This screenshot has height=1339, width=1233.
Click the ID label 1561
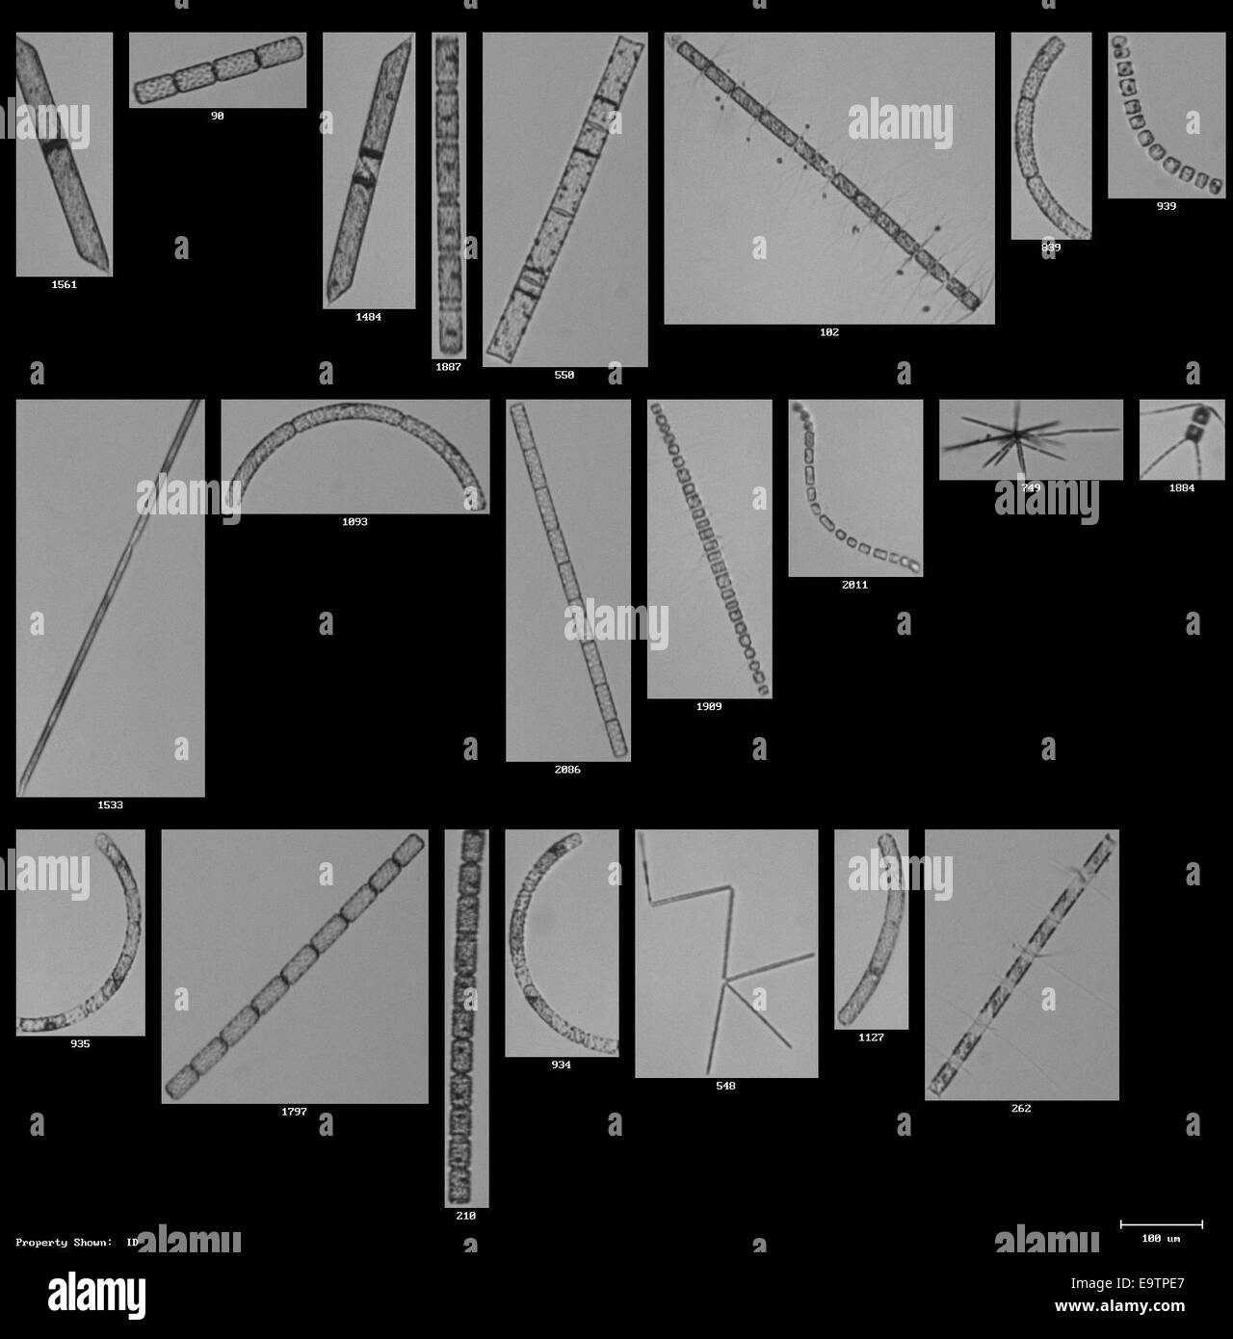click(x=64, y=285)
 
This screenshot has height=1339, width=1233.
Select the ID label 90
click(x=218, y=116)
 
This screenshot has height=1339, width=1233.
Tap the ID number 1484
click(x=368, y=317)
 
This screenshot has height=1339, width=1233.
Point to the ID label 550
click(x=564, y=375)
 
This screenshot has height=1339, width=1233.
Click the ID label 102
click(x=829, y=332)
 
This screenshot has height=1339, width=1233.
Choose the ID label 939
click(x=1167, y=206)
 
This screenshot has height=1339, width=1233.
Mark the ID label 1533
click(x=110, y=805)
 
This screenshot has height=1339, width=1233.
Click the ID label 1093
click(x=354, y=522)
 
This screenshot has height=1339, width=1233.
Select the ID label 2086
click(x=567, y=770)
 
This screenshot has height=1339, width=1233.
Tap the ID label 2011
click(x=854, y=585)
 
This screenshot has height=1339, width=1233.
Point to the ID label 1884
click(x=1182, y=488)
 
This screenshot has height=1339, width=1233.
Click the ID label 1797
click(x=294, y=1112)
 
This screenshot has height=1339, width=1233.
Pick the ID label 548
click(x=725, y=1086)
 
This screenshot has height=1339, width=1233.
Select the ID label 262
click(x=1021, y=1109)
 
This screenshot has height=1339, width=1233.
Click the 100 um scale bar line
click(x=1161, y=1224)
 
